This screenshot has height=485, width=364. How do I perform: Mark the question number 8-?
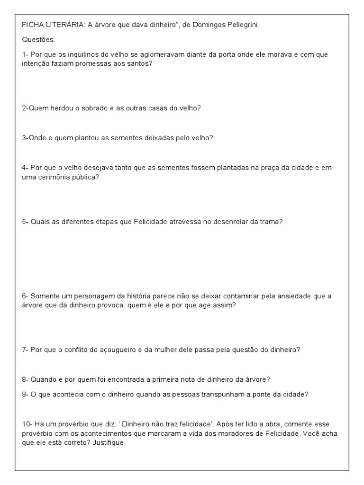[25, 380]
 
